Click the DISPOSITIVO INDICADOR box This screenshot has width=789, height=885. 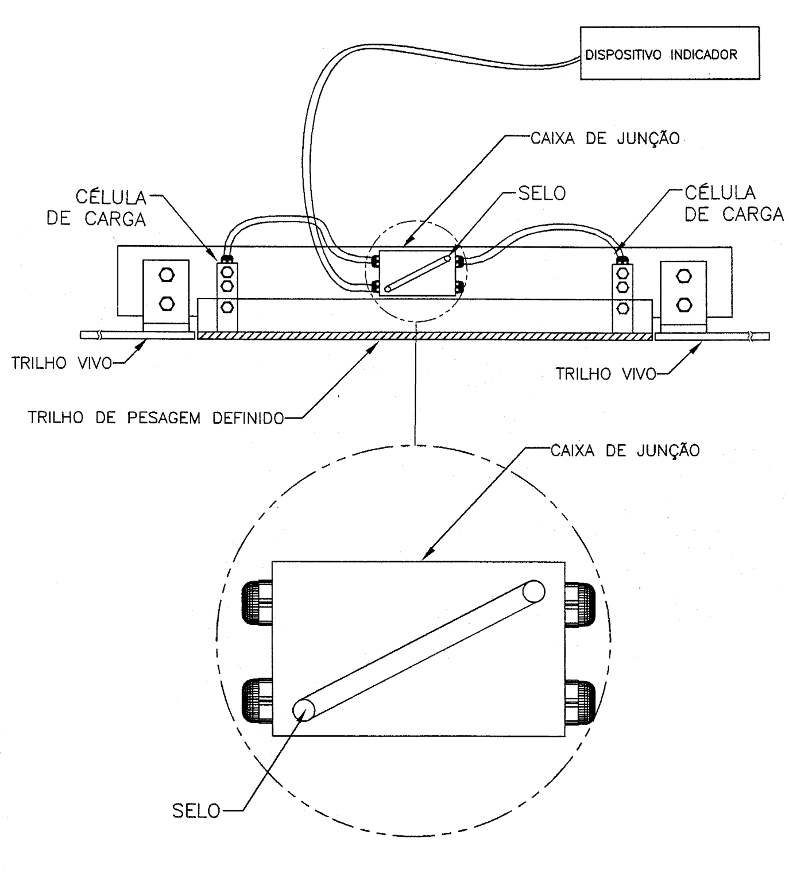[x=670, y=53]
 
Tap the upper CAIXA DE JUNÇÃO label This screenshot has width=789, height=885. [x=605, y=138]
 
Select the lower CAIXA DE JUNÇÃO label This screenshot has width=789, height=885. [x=625, y=450]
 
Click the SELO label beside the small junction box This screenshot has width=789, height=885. [x=542, y=194]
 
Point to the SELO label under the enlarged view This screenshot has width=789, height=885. [x=196, y=811]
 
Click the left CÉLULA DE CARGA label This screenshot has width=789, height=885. [x=96, y=208]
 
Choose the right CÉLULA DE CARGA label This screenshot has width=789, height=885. [x=734, y=203]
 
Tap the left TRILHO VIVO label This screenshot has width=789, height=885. [x=61, y=363]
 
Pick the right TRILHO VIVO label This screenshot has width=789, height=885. [x=606, y=374]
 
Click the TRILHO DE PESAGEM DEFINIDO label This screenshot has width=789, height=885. [x=156, y=418]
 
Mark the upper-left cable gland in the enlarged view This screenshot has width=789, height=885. [x=257, y=603]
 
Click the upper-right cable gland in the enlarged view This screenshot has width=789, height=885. [x=580, y=605]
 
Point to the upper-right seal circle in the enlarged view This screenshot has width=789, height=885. [x=533, y=592]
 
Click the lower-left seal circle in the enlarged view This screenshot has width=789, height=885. [x=304, y=709]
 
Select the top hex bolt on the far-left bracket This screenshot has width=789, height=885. [x=167, y=275]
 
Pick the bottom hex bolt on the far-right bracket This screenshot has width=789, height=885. [x=684, y=305]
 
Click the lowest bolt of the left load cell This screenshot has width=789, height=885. [x=227, y=307]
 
